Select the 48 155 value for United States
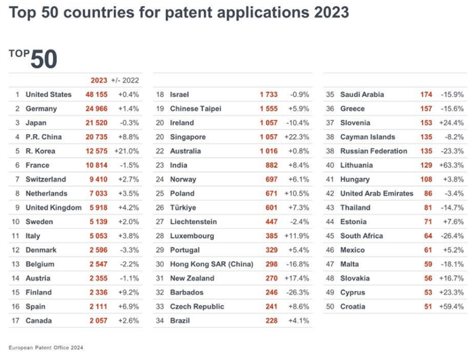pyautogui.click(x=98, y=94)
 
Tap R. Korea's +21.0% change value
pyautogui.click(x=128, y=151)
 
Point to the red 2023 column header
pyautogui.click(x=99, y=80)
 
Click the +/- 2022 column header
pyautogui.click(x=125, y=80)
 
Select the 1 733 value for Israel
pyautogui.click(x=270, y=94)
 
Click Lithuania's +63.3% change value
pyautogui.click(x=451, y=165)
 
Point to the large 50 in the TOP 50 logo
pyautogui.click(x=43, y=59)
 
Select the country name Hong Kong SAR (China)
pyautogui.click(x=208, y=265)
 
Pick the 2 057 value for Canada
pyautogui.click(x=98, y=321)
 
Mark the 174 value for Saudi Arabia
pyautogui.click(x=426, y=94)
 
